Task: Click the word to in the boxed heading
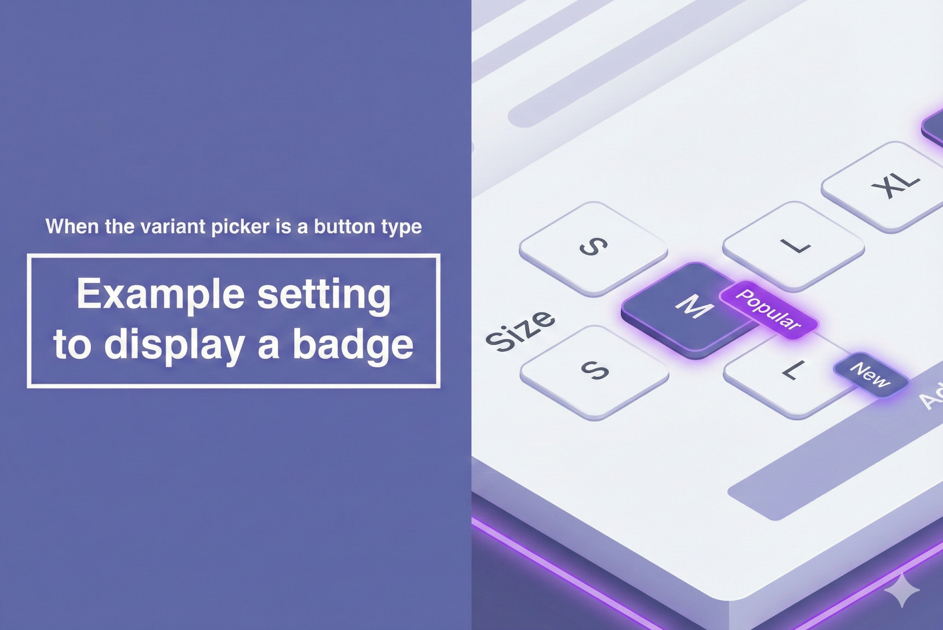[x=72, y=346]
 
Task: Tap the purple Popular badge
[x=769, y=310]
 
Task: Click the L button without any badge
[x=794, y=246]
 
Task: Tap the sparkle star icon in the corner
[x=902, y=590]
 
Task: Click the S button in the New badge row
[x=595, y=372]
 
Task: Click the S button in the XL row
[x=594, y=248]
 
